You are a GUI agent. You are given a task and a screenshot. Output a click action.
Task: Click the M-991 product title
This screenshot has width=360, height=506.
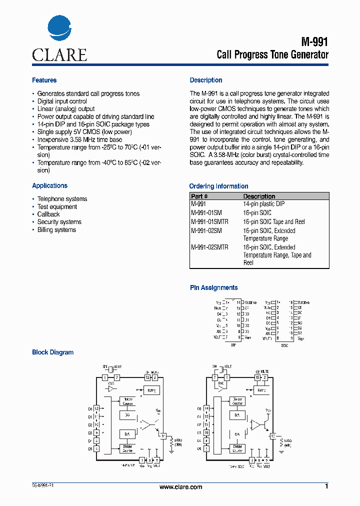[x=315, y=42]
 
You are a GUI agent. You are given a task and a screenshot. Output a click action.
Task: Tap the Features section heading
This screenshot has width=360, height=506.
[x=44, y=80]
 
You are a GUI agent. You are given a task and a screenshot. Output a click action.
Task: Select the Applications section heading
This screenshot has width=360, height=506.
[x=49, y=186]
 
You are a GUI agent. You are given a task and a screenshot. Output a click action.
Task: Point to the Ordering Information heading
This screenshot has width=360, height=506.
[x=218, y=186]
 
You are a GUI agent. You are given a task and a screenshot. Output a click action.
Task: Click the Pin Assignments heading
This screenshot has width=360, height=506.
[x=214, y=288]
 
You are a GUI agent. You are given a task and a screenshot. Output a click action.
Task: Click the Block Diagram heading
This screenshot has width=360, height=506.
[x=52, y=352]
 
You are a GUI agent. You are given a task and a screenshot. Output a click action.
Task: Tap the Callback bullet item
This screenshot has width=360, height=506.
[x=48, y=214]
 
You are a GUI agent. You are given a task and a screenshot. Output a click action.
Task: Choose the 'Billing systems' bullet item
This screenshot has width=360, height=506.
[x=56, y=230]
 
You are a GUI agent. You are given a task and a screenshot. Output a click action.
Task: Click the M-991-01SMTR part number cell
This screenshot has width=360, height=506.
[x=209, y=221]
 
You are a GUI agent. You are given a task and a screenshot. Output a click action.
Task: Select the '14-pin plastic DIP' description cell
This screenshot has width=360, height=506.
[x=264, y=204]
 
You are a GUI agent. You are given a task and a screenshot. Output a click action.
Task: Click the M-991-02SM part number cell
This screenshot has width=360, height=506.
[x=206, y=231]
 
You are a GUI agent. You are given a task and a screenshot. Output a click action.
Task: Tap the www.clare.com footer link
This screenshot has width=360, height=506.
[x=180, y=487]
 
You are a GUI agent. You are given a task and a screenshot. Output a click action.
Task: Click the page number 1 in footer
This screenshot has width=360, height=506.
[x=326, y=486]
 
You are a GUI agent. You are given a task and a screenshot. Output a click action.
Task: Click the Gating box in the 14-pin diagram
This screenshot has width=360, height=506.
[x=151, y=390]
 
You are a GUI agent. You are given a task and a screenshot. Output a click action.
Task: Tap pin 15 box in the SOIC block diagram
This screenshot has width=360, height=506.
[x=257, y=377]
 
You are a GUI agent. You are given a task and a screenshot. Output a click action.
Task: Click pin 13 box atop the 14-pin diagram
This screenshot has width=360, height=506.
[x=147, y=377]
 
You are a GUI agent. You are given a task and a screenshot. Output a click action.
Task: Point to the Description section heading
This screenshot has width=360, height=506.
[x=206, y=80]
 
